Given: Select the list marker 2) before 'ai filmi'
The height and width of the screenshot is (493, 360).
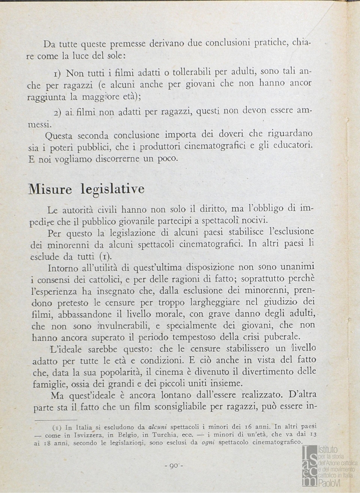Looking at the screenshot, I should (x=58, y=113).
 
